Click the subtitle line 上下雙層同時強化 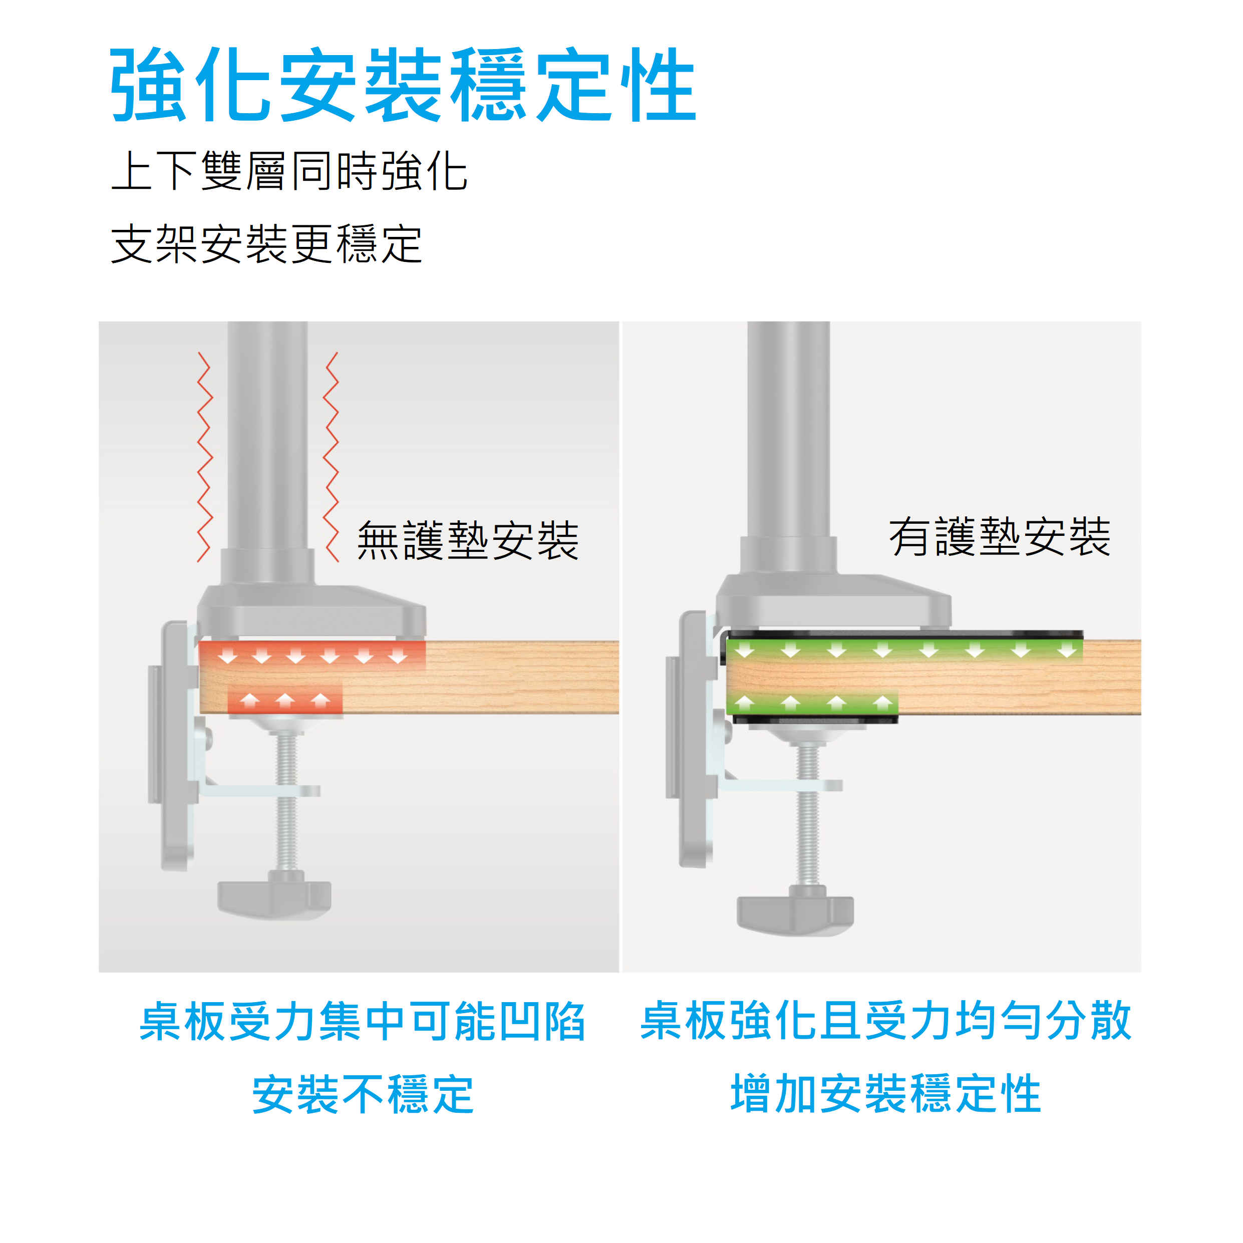coord(289,171)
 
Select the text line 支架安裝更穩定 coord(266,244)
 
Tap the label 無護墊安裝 coord(468,540)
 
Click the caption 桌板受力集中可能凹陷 coord(362,1022)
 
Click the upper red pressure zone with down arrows coord(312,656)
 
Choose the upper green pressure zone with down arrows coord(904,650)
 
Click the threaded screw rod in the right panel coord(807,814)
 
